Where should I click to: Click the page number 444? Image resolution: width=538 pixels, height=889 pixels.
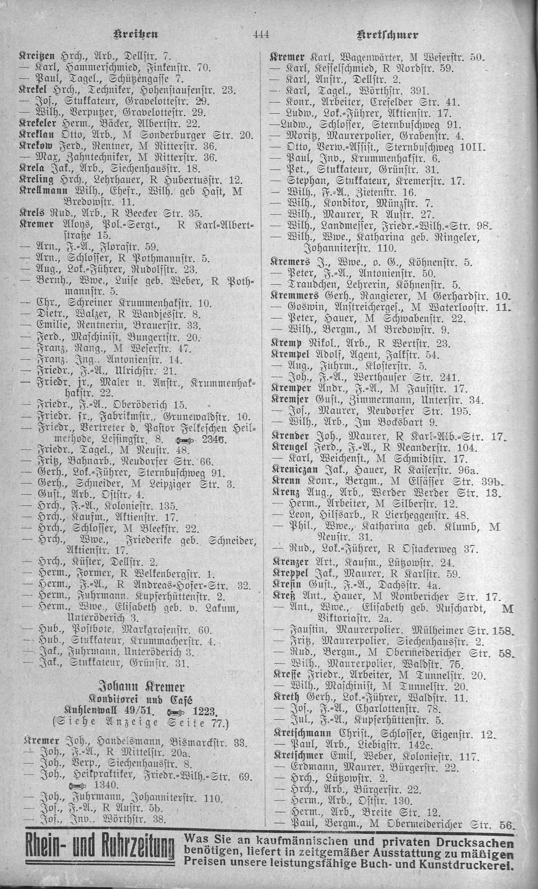click(x=261, y=34)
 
